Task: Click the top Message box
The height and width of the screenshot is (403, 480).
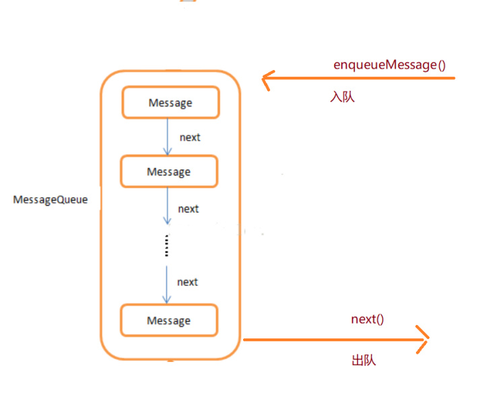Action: coord(170,102)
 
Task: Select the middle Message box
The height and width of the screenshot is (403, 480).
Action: coord(169,172)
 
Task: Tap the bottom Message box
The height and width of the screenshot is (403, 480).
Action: coord(169,320)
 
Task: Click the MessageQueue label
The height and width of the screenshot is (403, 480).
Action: coord(50,200)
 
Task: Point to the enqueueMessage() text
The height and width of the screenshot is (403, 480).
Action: coord(390,65)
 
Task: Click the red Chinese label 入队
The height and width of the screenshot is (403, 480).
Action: coord(342,97)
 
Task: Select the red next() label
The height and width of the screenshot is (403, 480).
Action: coord(367,319)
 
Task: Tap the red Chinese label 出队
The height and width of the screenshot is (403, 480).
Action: coord(364,360)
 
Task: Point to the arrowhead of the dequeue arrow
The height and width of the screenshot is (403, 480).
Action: coord(423,340)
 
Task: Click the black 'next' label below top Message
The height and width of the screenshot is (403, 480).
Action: coord(190,137)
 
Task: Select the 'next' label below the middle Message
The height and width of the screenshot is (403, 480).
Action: coord(188,209)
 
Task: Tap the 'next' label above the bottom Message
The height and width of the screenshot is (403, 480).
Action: coord(188,282)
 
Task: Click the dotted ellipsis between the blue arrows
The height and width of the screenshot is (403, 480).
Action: coord(166,246)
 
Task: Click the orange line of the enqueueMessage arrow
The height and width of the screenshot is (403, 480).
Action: coord(364,79)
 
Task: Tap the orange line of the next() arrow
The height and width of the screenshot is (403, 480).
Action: coord(330,340)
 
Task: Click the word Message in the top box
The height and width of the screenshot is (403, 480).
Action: coord(170,103)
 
